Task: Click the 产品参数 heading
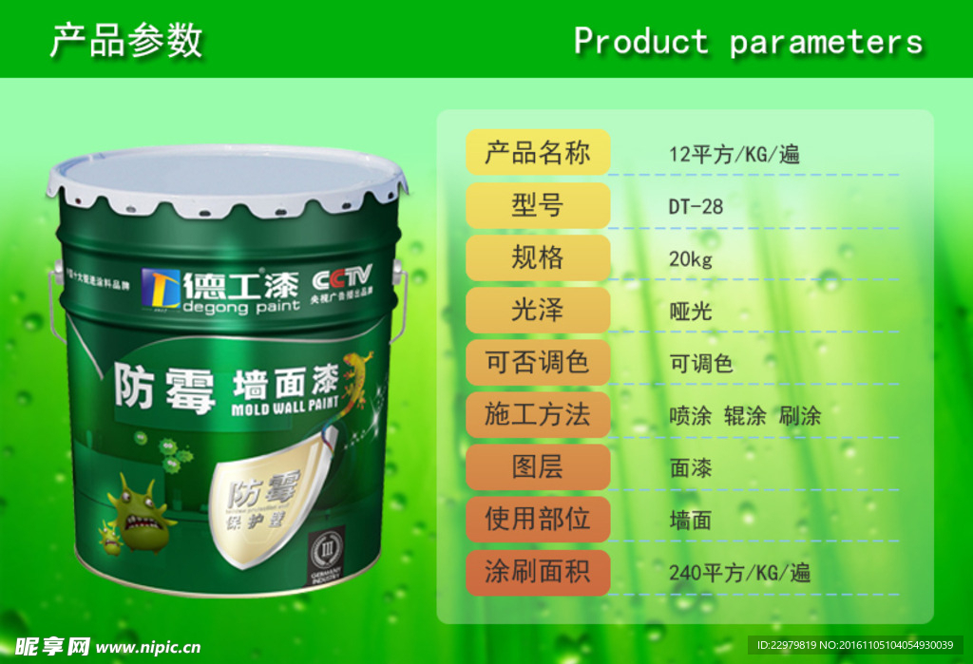(x=125, y=41)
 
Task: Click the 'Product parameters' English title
(x=748, y=42)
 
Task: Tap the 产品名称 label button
(x=537, y=153)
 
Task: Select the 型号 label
(x=537, y=205)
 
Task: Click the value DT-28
(x=696, y=206)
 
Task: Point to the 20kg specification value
(x=691, y=258)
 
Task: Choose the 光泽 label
(x=537, y=310)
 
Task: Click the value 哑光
(x=691, y=311)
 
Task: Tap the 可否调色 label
(x=537, y=362)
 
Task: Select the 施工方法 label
(x=537, y=414)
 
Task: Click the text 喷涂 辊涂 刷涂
(x=745, y=416)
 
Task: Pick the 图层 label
(x=537, y=466)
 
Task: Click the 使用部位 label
(x=537, y=519)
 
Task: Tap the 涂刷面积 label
(x=537, y=571)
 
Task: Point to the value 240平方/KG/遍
(x=739, y=573)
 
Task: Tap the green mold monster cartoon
(x=141, y=514)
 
